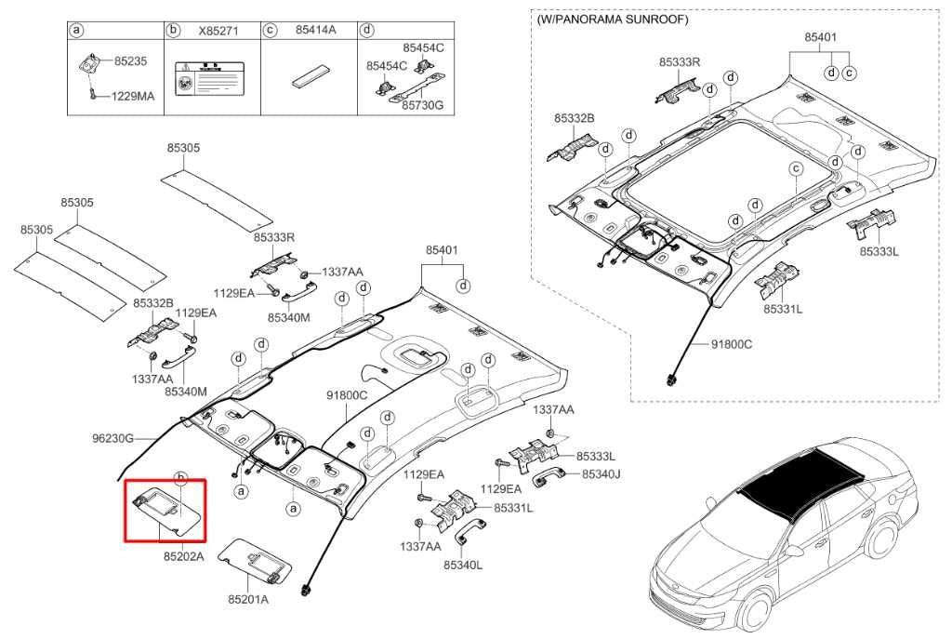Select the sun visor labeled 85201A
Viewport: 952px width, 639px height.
(x=257, y=562)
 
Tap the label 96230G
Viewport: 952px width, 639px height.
(x=113, y=438)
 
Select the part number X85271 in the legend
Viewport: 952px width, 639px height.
(x=218, y=31)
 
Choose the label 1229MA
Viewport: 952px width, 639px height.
(x=133, y=96)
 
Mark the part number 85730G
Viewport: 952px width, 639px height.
(x=422, y=106)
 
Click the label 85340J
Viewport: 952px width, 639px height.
(x=601, y=474)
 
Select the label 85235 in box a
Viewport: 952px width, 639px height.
(x=130, y=61)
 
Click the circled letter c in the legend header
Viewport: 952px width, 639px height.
(x=271, y=31)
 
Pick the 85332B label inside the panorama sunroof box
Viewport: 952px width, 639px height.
(x=574, y=118)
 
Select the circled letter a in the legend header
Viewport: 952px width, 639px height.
(x=78, y=31)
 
